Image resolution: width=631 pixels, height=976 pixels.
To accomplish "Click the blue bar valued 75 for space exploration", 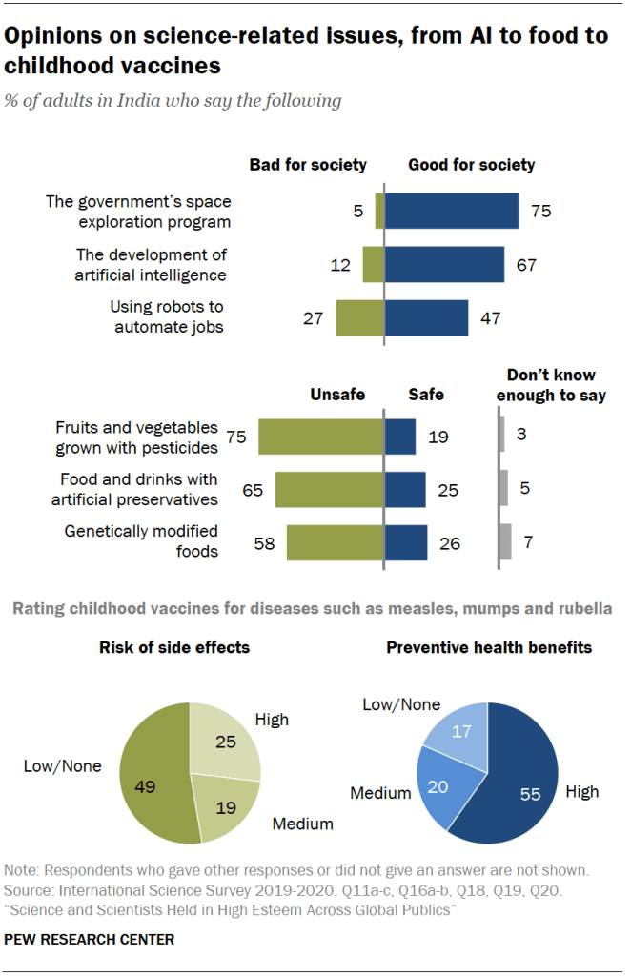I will click(x=451, y=211).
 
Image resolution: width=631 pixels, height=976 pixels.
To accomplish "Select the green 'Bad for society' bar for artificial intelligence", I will click(x=373, y=264).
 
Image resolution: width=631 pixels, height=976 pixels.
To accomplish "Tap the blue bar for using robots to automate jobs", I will click(x=426, y=318).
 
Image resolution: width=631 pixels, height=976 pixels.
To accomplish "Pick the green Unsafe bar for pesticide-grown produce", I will click(x=321, y=436).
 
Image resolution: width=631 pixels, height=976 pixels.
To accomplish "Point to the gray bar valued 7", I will click(x=505, y=542).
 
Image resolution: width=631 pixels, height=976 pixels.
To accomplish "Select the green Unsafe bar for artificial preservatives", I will click(x=329, y=490).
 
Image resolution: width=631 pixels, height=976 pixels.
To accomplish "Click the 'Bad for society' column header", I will click(x=308, y=165).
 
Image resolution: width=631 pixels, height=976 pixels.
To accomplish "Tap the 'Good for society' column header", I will click(x=471, y=165).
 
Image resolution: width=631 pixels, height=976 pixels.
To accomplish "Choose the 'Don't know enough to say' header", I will click(x=551, y=386).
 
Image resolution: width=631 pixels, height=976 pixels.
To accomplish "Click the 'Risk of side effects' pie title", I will click(x=173, y=647).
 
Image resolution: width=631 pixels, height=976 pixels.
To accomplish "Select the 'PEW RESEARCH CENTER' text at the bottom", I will click(x=90, y=940).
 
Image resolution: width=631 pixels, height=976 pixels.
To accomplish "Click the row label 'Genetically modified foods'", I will click(x=141, y=541).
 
